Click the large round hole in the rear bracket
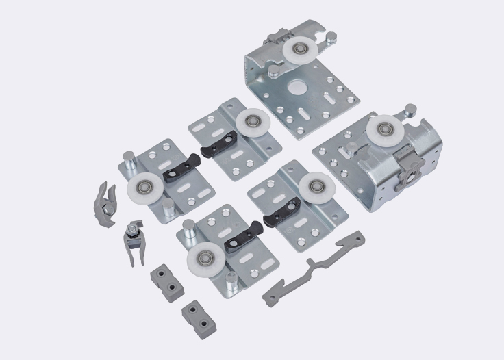299,88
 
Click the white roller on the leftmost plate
145,187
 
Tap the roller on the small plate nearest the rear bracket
249,123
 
